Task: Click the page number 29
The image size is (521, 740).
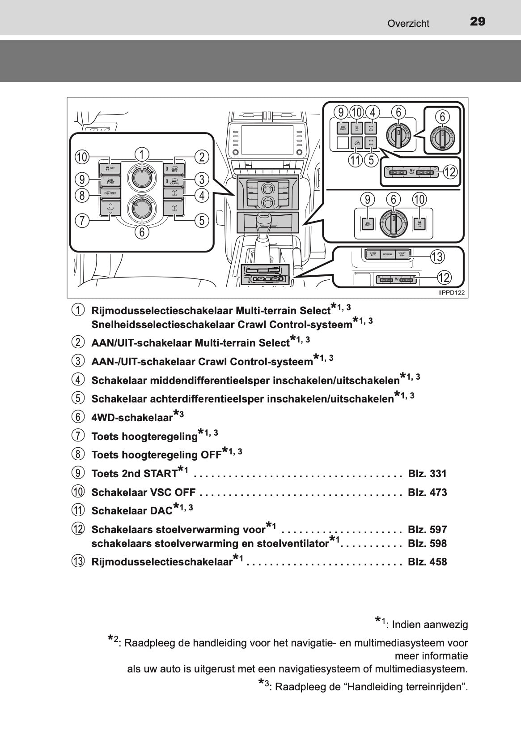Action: click(478, 21)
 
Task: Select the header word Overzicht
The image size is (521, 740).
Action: click(408, 24)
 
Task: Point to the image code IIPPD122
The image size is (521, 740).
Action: click(451, 293)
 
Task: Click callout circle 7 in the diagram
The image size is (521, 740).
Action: click(82, 220)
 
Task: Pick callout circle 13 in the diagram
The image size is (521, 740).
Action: click(436, 257)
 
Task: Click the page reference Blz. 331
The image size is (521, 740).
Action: click(427, 474)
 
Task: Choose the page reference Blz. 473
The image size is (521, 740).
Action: click(427, 492)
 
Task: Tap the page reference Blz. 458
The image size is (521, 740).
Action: click(427, 562)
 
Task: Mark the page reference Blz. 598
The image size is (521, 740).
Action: click(427, 543)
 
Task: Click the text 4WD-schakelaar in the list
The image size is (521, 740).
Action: click(132, 418)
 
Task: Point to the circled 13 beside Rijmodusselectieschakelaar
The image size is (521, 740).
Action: click(77, 561)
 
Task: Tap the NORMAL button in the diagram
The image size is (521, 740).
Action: click(388, 254)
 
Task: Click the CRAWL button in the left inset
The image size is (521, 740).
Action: click(174, 181)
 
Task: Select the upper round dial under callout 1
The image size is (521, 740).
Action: click(141, 177)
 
